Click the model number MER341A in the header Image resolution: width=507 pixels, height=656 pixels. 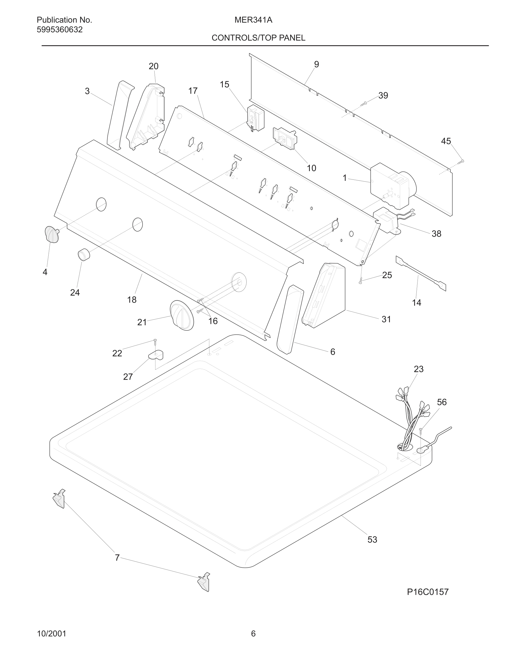253,20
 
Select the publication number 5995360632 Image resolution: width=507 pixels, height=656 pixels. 59,30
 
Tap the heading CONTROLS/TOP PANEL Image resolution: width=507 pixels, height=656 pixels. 258,38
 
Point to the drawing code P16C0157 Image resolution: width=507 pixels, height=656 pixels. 427,592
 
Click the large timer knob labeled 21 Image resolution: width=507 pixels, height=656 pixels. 182,315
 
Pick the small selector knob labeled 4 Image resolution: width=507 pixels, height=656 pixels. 52,234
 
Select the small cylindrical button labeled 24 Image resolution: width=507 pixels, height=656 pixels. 84,255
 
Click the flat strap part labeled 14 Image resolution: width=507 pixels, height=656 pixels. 421,273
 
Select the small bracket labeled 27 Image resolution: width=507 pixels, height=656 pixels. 156,355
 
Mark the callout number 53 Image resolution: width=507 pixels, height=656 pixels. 372,540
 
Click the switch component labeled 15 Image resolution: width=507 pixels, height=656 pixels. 255,118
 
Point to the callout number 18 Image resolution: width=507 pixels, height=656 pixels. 132,300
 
